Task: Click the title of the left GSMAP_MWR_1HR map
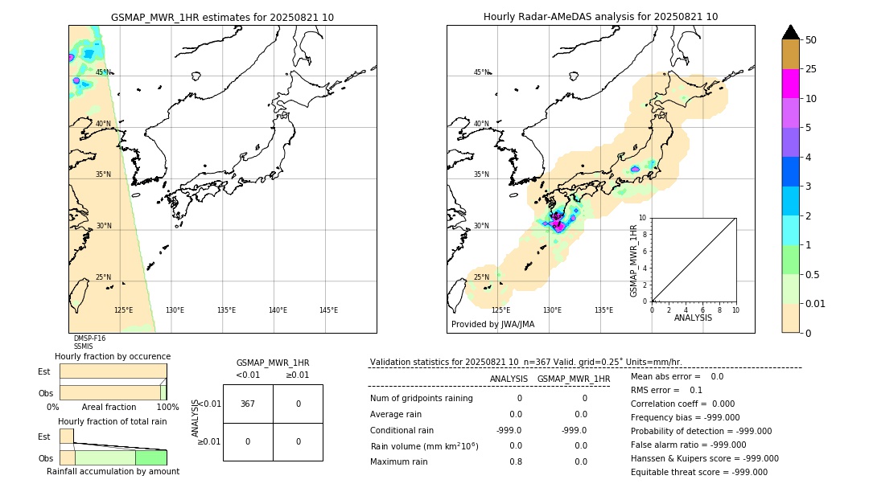pyautogui.click(x=222, y=17)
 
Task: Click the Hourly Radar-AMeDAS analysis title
pyautogui.click(x=600, y=17)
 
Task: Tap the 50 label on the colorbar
pyautogui.click(x=811, y=40)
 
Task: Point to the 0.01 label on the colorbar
pyautogui.click(x=815, y=303)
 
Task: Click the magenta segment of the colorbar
pyautogui.click(x=790, y=84)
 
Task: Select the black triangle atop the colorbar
pyautogui.click(x=790, y=32)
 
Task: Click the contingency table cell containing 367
pyautogui.click(x=248, y=404)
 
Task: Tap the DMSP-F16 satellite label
pyautogui.click(x=89, y=338)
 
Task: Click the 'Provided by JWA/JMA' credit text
pyautogui.click(x=492, y=325)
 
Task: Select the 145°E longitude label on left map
pyautogui.click(x=328, y=310)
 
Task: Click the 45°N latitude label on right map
pyautogui.click(x=481, y=72)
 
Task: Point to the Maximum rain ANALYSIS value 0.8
pyautogui.click(x=515, y=461)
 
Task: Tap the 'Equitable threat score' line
pyautogui.click(x=698, y=472)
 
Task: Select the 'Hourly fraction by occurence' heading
pyautogui.click(x=113, y=356)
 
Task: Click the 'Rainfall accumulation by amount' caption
pyautogui.click(x=113, y=471)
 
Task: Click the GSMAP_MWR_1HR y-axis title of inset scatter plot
pyautogui.click(x=634, y=260)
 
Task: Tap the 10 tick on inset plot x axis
pyautogui.click(x=735, y=310)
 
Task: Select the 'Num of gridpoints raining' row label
pyautogui.click(x=422, y=399)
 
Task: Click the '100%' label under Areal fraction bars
pyautogui.click(x=167, y=408)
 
